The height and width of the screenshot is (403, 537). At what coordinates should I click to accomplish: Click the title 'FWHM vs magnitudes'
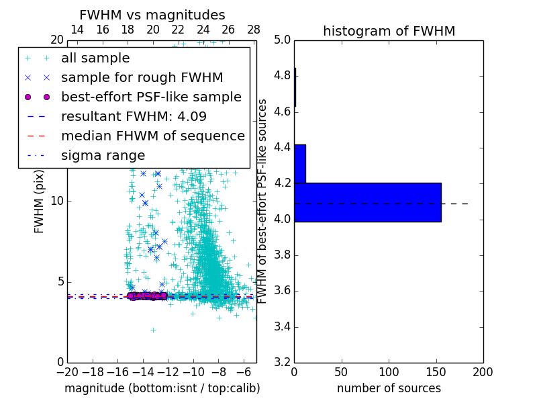pyautogui.click(x=152, y=15)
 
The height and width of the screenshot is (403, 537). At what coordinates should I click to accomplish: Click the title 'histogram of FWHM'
pyautogui.click(x=389, y=31)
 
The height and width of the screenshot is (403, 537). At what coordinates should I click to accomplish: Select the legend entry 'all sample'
pyautogui.click(x=95, y=58)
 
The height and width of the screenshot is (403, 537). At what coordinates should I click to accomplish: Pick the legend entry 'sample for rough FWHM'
pyautogui.click(x=142, y=78)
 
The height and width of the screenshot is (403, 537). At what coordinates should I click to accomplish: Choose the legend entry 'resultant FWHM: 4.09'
pyautogui.click(x=134, y=116)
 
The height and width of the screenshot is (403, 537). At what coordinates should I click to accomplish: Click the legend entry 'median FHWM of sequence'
pyautogui.click(x=152, y=136)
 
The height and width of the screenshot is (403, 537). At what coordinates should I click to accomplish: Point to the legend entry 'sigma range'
pyautogui.click(x=103, y=155)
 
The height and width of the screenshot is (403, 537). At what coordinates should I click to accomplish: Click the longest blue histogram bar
pyautogui.click(x=367, y=201)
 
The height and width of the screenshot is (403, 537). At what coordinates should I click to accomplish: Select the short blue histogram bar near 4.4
pyautogui.click(x=300, y=163)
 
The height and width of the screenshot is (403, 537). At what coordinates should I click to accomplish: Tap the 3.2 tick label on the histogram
pyautogui.click(x=281, y=363)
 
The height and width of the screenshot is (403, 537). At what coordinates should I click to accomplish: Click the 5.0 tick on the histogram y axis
pyautogui.click(x=281, y=40)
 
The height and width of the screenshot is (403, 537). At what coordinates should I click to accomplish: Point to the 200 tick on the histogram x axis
pyautogui.click(x=483, y=371)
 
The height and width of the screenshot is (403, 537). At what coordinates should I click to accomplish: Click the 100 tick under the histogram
pyautogui.click(x=389, y=371)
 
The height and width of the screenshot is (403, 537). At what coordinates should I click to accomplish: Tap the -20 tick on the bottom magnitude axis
pyautogui.click(x=67, y=371)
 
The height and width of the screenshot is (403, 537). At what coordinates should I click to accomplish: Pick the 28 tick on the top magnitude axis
pyautogui.click(x=254, y=30)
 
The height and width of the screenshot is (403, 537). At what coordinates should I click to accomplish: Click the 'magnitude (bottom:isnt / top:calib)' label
pyautogui.click(x=162, y=388)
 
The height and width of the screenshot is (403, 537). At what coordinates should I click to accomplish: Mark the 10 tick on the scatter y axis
pyautogui.click(x=58, y=201)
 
